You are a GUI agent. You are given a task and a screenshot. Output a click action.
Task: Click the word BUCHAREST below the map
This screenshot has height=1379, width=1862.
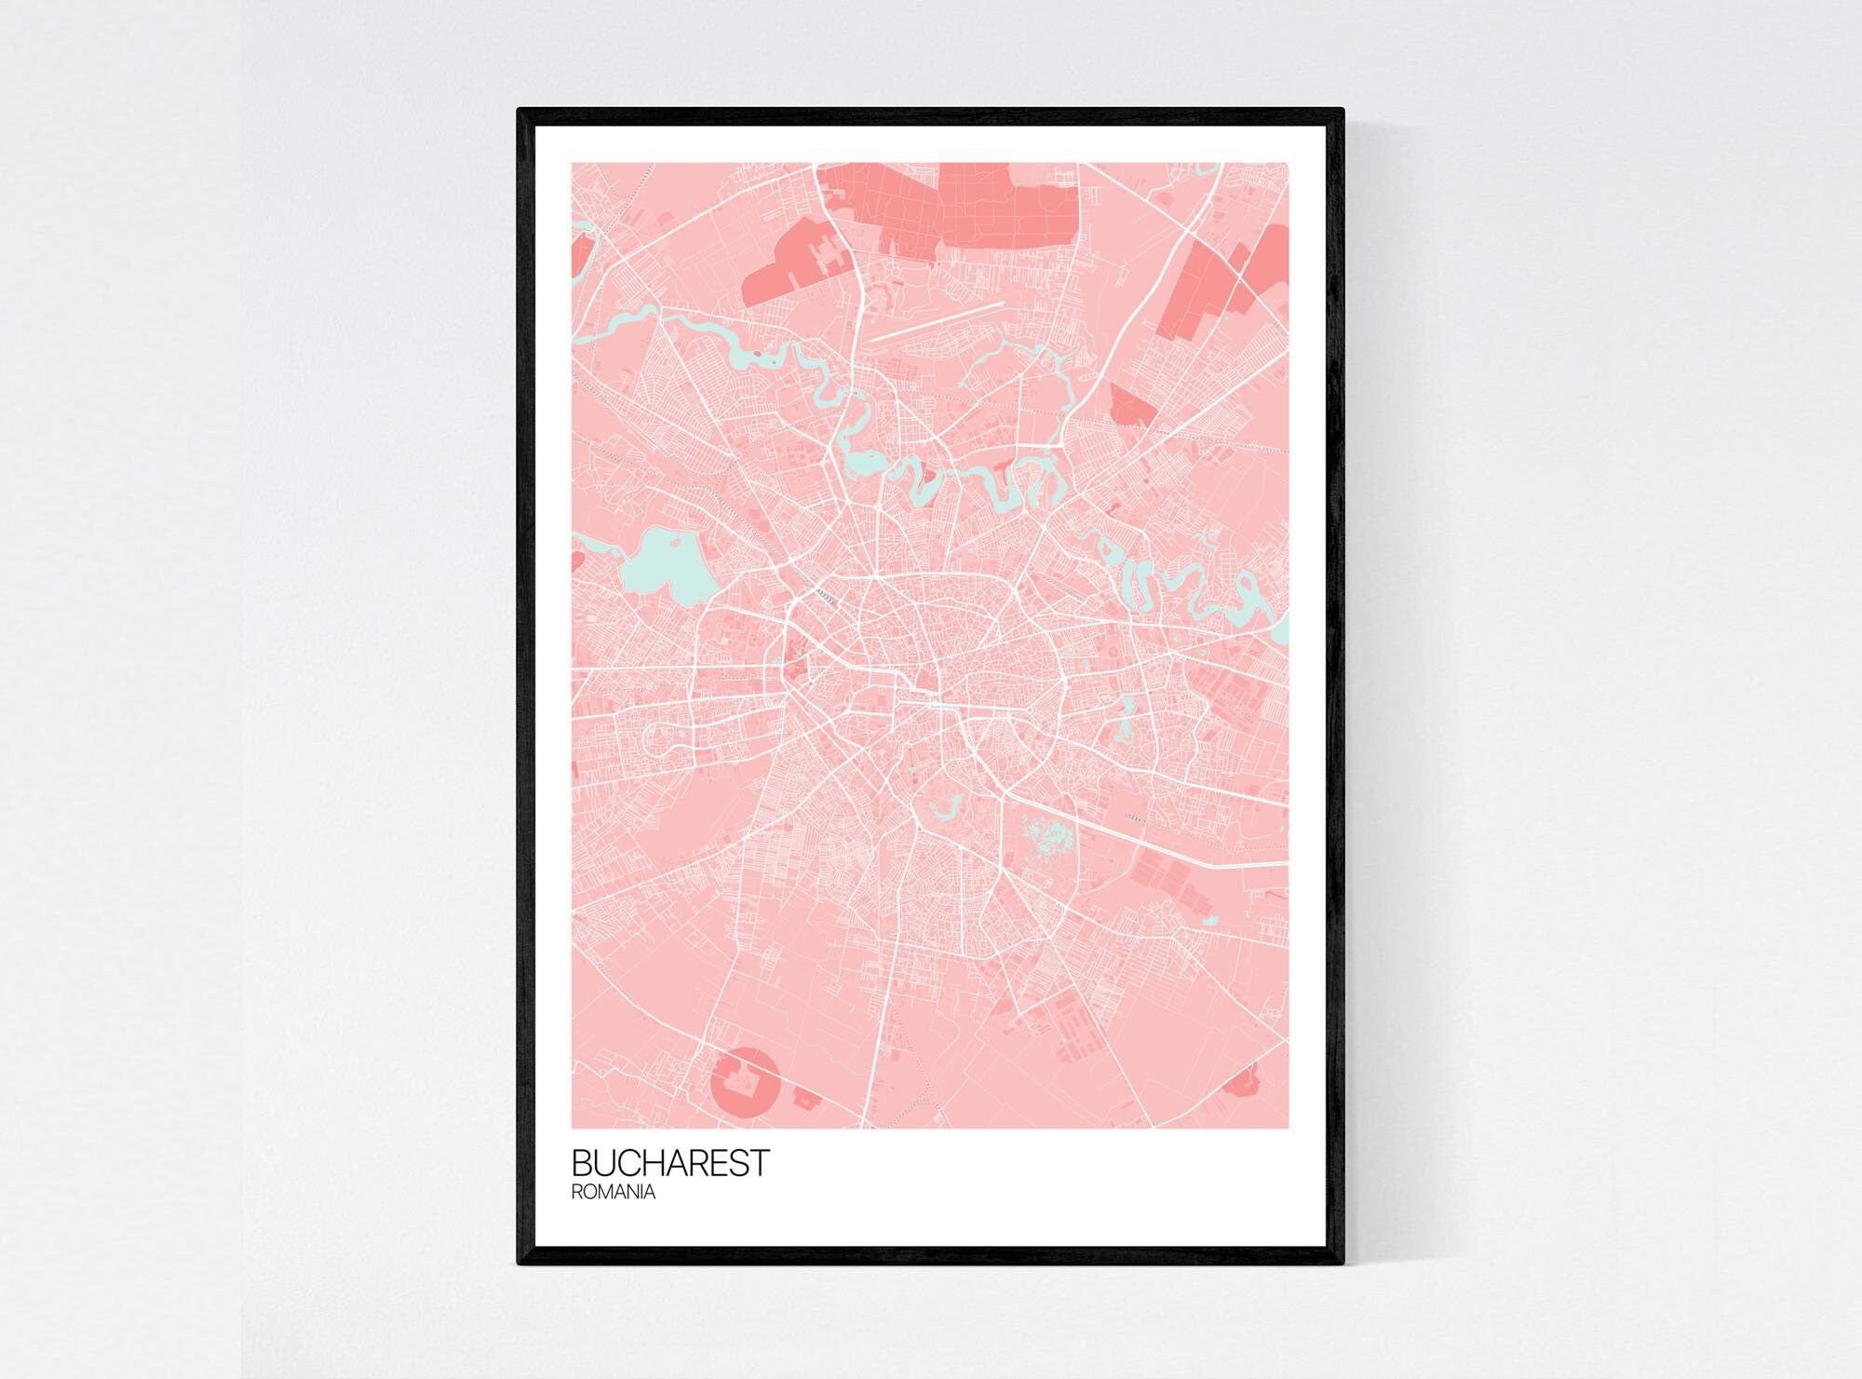click(x=670, y=1163)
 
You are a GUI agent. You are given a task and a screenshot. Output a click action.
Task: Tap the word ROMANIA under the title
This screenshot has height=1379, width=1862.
click(x=614, y=1192)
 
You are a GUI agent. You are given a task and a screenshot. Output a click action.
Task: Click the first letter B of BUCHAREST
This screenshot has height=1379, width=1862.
click(x=581, y=1163)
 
